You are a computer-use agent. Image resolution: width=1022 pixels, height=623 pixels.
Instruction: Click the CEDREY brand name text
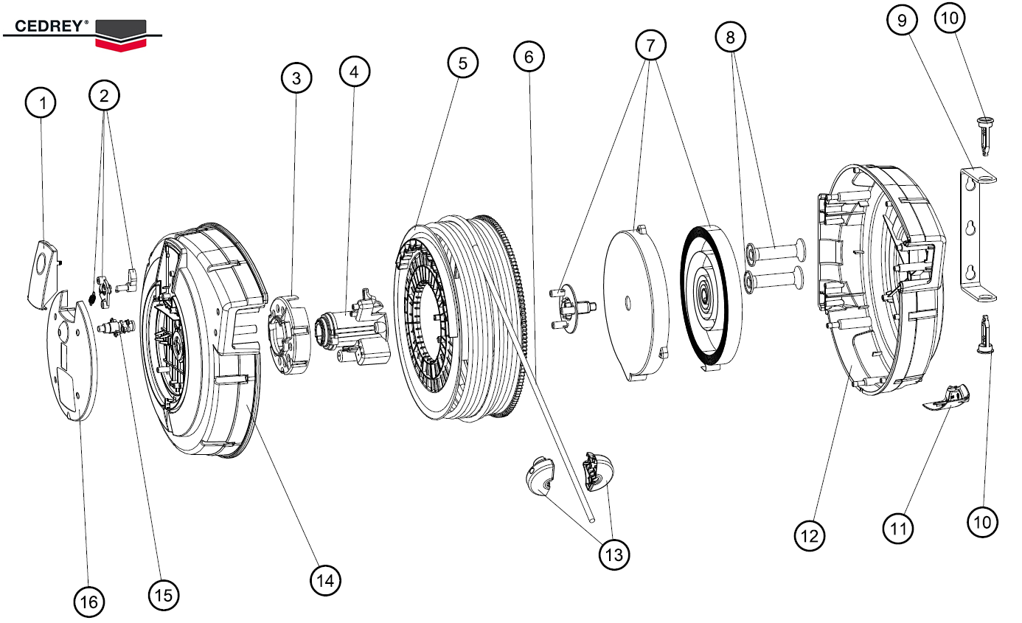[x=46, y=25]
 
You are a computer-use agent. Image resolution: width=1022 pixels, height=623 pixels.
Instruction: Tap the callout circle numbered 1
[x=41, y=104]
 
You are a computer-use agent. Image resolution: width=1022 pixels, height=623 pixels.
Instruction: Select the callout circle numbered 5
[x=462, y=63]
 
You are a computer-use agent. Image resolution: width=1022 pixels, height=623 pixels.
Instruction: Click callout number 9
[x=902, y=21]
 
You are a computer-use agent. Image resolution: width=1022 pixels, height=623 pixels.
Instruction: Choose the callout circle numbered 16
[x=88, y=602]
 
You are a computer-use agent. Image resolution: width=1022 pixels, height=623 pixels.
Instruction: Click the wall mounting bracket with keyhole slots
[x=976, y=234]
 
